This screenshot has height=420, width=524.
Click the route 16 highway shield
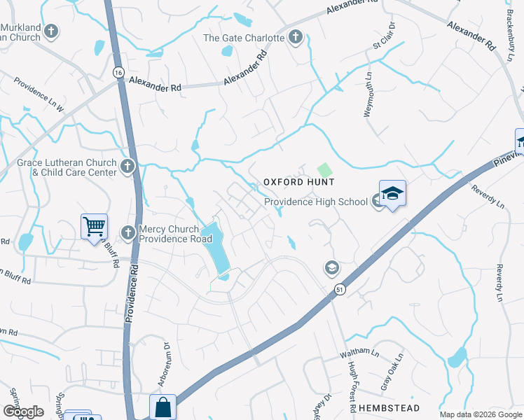(x=117, y=72)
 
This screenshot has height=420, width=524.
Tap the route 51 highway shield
(x=339, y=288)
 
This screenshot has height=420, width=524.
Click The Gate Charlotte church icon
(x=296, y=37)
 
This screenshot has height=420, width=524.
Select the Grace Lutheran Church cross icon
(x=127, y=167)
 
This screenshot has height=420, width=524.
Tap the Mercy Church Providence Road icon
(x=127, y=232)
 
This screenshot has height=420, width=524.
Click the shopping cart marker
(x=94, y=227)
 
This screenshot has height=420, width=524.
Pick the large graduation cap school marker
(x=392, y=194)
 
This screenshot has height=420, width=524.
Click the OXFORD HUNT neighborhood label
(x=298, y=182)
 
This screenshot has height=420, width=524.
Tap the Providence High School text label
(x=315, y=202)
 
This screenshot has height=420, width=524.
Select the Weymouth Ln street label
(x=368, y=90)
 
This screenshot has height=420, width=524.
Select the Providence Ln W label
(x=39, y=95)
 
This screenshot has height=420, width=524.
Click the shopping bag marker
(x=163, y=407)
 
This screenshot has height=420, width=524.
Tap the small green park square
(x=324, y=170)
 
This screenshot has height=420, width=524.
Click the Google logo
(x=24, y=412)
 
